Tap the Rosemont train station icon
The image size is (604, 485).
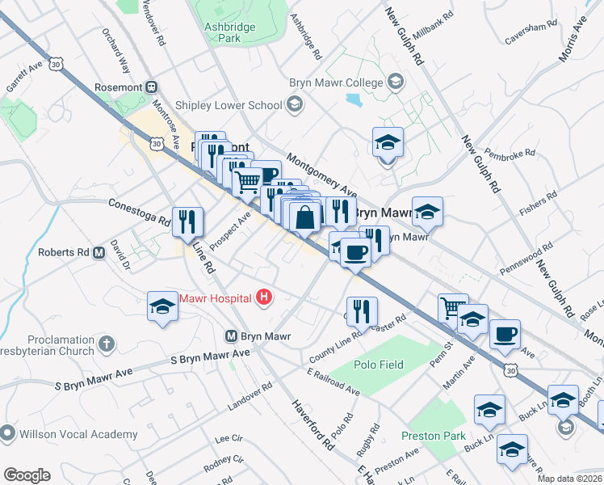pyautogui.click(x=150, y=86)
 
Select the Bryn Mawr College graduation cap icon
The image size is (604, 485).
pyautogui.click(x=396, y=82)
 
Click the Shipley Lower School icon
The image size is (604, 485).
pyautogui.click(x=295, y=104)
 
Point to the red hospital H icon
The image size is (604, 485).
pyautogui.click(x=262, y=298)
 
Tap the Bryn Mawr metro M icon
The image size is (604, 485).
pyautogui.click(x=230, y=335)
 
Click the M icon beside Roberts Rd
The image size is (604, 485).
pyautogui.click(x=99, y=252)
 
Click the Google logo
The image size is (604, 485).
pyautogui.click(x=27, y=474)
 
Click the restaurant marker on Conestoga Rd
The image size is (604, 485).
pyautogui.click(x=188, y=220)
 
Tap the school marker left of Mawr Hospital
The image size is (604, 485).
pyautogui.click(x=162, y=307)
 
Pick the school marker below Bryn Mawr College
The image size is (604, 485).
pyautogui.click(x=388, y=145)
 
